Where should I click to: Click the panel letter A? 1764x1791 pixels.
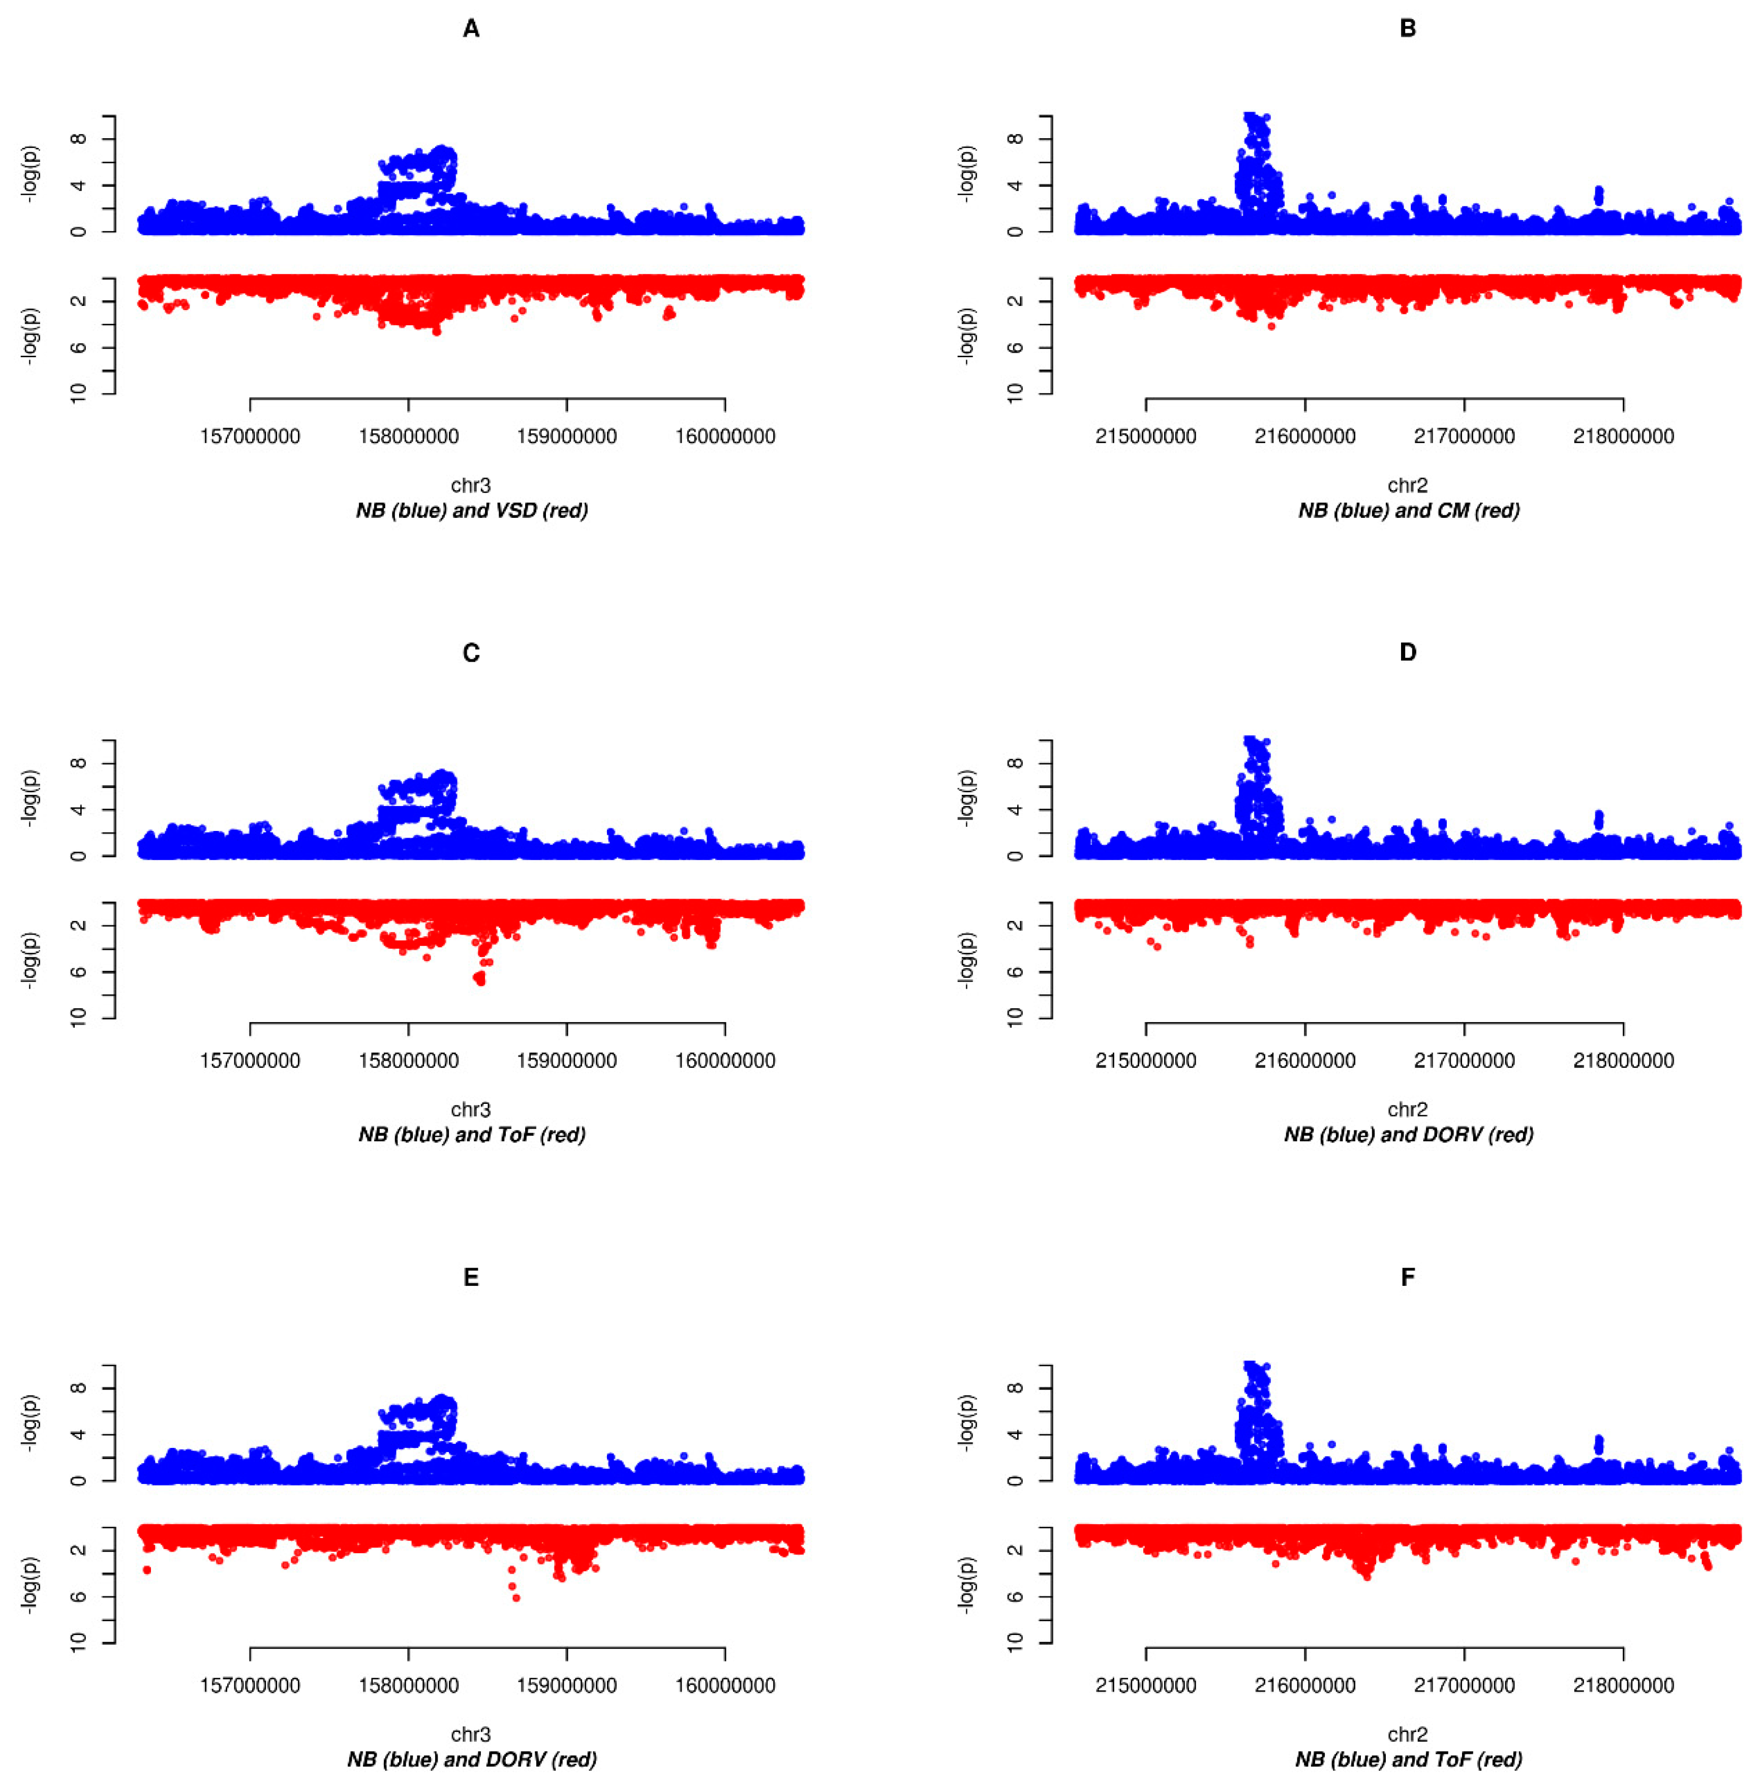coord(471,28)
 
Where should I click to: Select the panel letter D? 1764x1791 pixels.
coord(1407,653)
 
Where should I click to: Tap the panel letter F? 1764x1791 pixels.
coord(1407,1277)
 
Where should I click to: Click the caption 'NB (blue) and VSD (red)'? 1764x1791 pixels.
coord(472,510)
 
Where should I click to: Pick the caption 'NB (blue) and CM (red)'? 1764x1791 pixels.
coord(1408,510)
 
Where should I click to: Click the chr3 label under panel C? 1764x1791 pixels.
coord(471,1109)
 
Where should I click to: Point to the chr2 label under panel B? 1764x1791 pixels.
coord(1407,485)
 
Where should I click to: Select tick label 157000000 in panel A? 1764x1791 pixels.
coord(250,436)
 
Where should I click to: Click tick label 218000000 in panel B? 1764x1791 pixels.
coord(1623,436)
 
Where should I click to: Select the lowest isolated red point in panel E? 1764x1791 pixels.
coord(516,1597)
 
